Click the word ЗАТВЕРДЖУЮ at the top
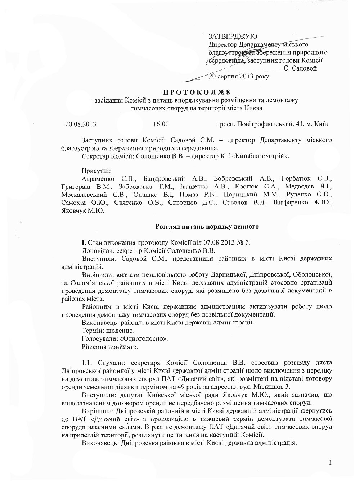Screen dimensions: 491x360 pyautogui.click(x=233, y=36)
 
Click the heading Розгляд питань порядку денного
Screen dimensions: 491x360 pyautogui.click(x=207, y=227)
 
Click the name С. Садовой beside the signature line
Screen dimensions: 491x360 pyautogui.click(x=301, y=68)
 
